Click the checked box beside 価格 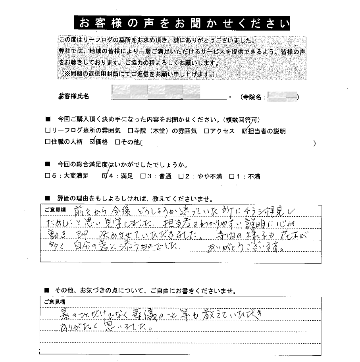pos(92,142)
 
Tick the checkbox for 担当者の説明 pos(244,131)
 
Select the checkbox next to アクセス pos(207,131)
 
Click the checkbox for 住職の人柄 pos(48,142)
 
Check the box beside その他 pos(117,142)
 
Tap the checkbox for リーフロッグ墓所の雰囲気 pos(48,131)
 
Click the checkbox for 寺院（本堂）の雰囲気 pos(130,131)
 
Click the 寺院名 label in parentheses pos(254,97)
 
